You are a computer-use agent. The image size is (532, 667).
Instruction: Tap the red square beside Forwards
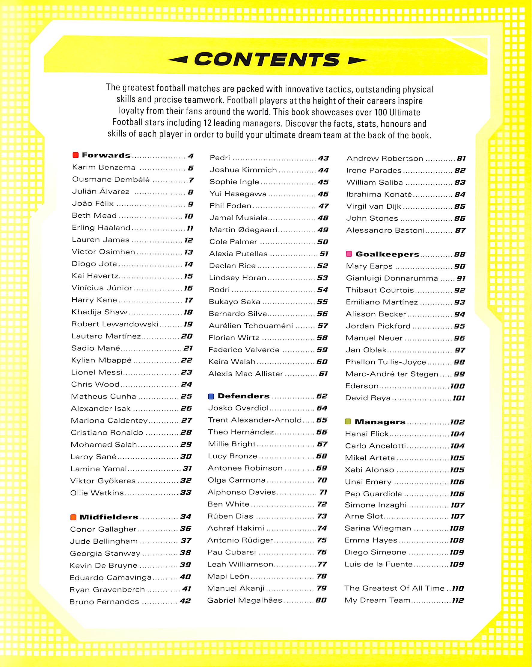click(76, 155)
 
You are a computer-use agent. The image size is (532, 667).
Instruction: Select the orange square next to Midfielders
click(73, 517)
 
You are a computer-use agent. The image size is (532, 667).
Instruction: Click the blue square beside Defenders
click(211, 396)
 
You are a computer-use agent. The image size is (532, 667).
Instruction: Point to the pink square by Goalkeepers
click(349, 254)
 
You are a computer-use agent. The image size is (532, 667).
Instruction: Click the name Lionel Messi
click(97, 372)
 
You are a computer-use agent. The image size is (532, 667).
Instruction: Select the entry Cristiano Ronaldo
click(107, 433)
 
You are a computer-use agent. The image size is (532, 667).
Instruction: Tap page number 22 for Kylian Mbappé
click(187, 360)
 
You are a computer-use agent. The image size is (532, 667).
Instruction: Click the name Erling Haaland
click(101, 228)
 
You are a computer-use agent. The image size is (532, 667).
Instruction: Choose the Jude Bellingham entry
click(104, 541)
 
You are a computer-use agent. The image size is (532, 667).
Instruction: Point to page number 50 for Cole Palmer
click(323, 242)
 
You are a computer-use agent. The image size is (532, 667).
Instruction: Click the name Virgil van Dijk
click(373, 206)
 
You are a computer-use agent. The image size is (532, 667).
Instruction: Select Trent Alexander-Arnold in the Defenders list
click(254, 420)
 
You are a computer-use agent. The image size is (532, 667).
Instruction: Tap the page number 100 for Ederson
click(457, 386)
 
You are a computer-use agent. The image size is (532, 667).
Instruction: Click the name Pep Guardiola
click(373, 494)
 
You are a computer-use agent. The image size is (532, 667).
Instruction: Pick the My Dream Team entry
click(377, 600)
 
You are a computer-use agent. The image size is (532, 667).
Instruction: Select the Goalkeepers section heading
click(388, 254)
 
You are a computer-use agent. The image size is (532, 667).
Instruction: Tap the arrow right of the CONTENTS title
click(358, 60)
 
